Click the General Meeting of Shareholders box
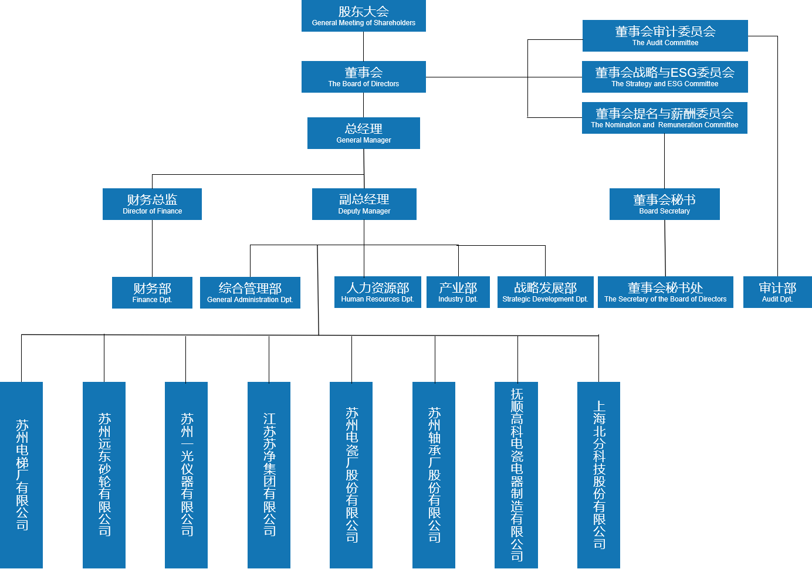pos(363,16)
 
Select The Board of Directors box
pos(363,77)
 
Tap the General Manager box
pos(363,133)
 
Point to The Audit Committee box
pos(665,36)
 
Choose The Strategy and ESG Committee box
pos(665,77)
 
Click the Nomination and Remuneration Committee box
pos(664,118)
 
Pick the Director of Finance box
pos(152,204)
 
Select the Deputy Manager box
pos(364,204)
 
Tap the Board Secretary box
pos(664,204)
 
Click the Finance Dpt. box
pos(152,293)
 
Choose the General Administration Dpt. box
pos(250,293)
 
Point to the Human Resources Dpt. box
pos(377,292)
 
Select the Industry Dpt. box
pos(458,292)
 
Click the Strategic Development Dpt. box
pos(545,292)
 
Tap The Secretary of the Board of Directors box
pos(665,292)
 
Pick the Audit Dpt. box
pos(777,292)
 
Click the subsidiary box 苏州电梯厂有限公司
pos(22,475)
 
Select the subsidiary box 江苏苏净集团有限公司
pos(269,475)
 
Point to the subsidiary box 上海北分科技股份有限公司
pos(598,475)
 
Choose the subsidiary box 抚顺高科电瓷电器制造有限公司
pos(516,475)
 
